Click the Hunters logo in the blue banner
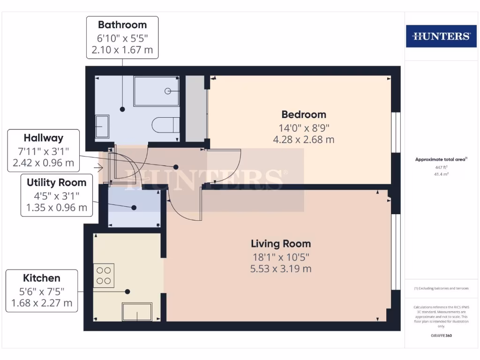[441, 36]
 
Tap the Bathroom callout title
[122, 25]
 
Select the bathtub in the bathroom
[156, 91]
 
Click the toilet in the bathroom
[165, 125]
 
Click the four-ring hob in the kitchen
[104, 276]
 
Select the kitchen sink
[137, 311]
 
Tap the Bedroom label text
[303, 114]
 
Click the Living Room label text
[280, 244]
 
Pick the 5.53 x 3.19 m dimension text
[280, 269]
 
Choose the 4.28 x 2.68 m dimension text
[303, 140]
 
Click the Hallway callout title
[44, 138]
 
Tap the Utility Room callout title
[56, 183]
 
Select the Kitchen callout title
[42, 278]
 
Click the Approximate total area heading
[440, 159]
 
